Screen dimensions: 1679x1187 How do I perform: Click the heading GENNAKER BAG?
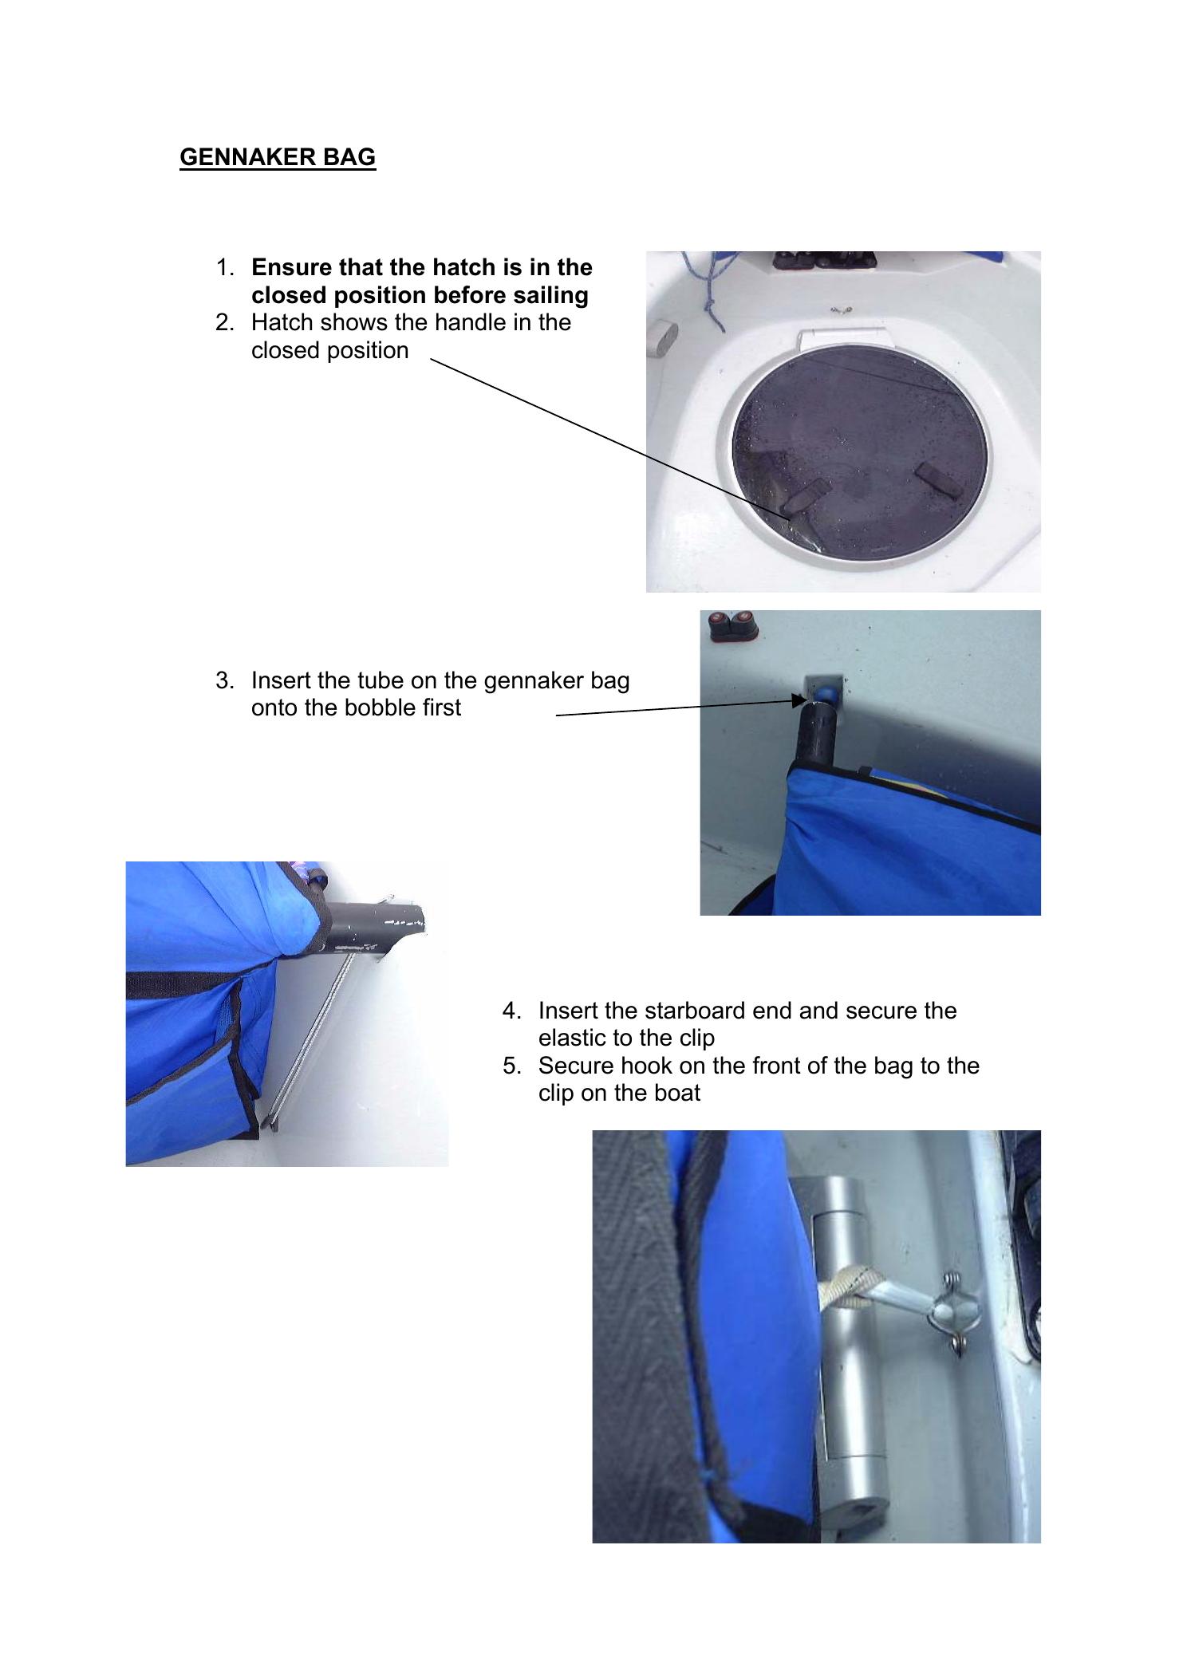[277, 156]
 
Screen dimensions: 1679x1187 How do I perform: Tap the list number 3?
[224, 680]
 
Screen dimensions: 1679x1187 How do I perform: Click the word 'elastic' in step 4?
[576, 1038]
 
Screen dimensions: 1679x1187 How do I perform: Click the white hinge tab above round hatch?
[842, 338]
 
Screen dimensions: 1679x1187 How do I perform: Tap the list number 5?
[511, 1066]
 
